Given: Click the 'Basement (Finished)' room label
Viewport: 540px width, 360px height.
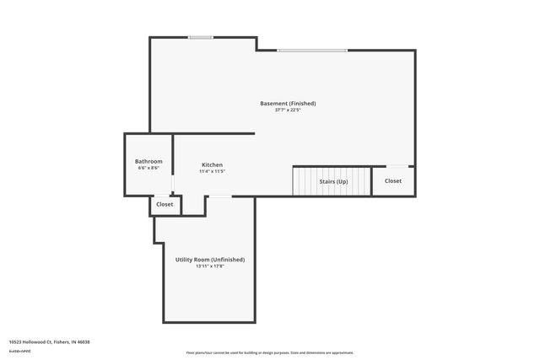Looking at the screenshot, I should point(288,103).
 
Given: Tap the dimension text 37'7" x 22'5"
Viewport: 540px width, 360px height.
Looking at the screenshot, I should point(288,110).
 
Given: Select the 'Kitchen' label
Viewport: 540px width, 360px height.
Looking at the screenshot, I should point(212,164).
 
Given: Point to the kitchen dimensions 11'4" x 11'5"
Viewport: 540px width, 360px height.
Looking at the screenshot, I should point(212,171).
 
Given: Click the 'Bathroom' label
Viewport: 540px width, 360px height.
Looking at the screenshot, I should point(148,161).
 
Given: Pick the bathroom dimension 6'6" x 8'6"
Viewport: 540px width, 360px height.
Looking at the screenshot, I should point(148,168).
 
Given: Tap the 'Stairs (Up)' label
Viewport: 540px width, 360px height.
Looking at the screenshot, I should point(333,181).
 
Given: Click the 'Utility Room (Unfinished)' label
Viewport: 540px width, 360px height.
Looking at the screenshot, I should point(210,260).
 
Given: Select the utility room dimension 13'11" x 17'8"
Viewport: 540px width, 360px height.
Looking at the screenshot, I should point(210,266).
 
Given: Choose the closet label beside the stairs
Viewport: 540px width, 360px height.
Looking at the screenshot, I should point(393,180).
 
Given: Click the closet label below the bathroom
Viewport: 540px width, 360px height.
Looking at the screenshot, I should point(165,204).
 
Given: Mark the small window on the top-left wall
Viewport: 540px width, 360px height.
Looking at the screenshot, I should point(200,37).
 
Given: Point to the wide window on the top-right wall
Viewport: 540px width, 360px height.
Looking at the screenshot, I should point(312,51).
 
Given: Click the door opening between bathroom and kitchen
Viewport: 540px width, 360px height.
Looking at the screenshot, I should point(173,183).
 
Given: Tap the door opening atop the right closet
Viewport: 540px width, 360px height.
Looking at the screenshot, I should point(397,166).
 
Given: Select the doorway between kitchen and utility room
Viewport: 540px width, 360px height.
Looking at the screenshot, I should point(219,196).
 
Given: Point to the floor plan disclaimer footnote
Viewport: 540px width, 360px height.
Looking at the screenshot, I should point(269,352).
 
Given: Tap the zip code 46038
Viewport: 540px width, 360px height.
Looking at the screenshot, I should point(83,341).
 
